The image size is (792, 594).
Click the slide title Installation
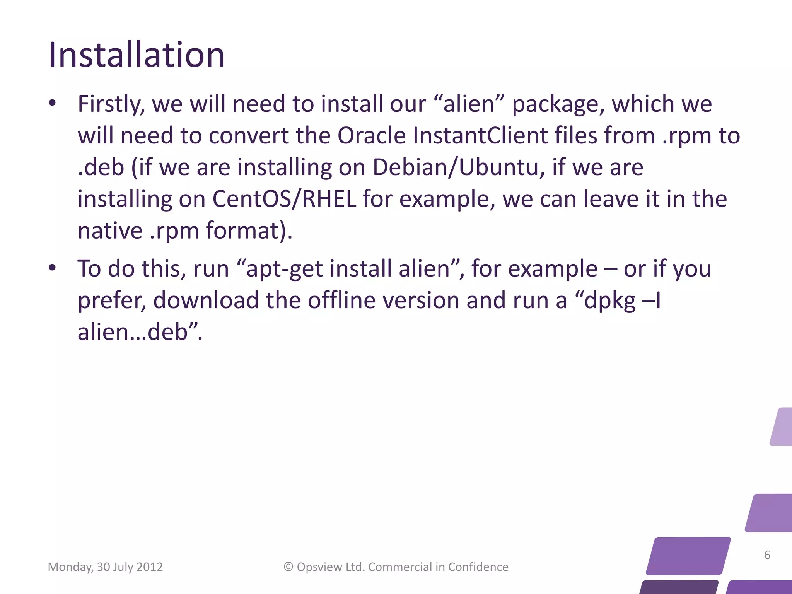point(136,55)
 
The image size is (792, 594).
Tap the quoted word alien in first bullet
point(469,104)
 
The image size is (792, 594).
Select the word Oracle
point(371,136)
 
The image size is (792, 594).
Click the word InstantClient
point(480,136)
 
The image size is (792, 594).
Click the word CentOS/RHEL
point(284,199)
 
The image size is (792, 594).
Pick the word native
point(110,231)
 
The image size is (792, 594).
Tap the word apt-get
point(284,269)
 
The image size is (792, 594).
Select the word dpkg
point(610,301)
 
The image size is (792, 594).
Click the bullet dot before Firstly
point(53,103)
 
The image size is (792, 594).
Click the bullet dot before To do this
point(53,268)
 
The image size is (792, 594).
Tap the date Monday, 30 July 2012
point(105,567)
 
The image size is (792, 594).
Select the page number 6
point(767,555)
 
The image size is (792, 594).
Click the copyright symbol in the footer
point(288,567)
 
